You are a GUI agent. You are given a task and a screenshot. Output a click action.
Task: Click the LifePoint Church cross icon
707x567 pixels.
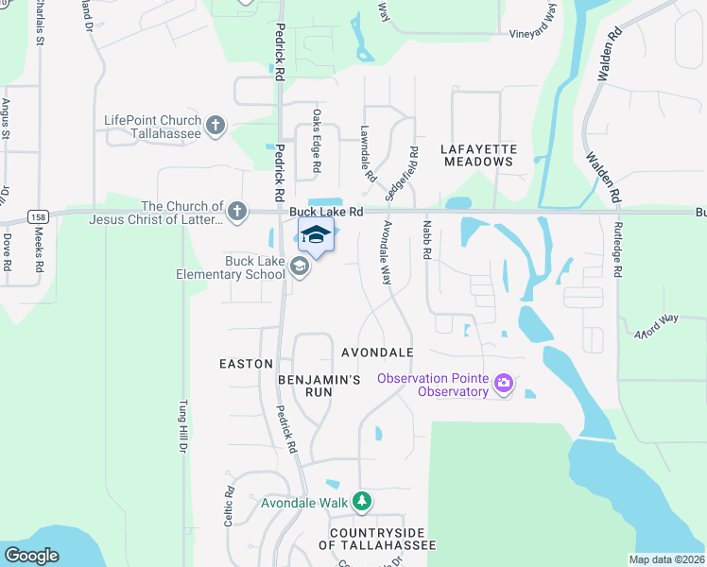pos(216,124)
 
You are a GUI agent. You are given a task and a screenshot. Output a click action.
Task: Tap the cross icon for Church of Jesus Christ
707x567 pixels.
pos(237,211)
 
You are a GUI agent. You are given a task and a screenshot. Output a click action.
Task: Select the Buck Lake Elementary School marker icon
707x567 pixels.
pos(299,267)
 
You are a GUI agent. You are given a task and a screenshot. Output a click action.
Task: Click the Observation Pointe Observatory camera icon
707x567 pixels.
pos(503,383)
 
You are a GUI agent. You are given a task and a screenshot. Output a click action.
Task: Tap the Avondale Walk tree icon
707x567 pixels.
pos(361,501)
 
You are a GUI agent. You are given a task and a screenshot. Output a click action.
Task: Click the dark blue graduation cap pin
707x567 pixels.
pos(316,236)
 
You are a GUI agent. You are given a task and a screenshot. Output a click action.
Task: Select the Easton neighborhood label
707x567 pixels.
pos(246,364)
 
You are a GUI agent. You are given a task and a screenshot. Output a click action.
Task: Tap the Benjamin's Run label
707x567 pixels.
pos(319,386)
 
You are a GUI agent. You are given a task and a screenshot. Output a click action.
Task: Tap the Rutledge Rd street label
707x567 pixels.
pos(618,254)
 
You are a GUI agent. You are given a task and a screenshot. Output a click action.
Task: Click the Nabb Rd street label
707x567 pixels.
pos(427,242)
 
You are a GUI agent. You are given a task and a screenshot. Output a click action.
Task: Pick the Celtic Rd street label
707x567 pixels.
pos(229,507)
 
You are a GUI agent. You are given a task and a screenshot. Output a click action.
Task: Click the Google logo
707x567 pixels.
pos(31,556)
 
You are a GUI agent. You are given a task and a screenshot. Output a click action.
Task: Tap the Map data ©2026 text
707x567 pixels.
pos(666,559)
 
